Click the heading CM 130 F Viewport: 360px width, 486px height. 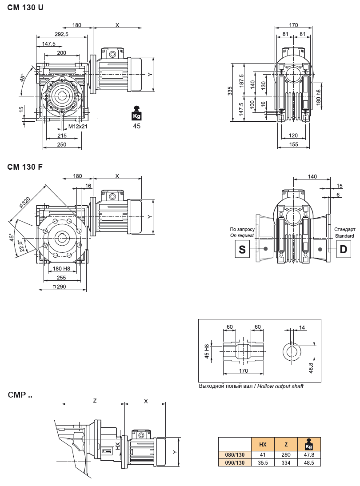25,167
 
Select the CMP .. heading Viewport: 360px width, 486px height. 20,394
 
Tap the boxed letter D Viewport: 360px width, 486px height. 343,249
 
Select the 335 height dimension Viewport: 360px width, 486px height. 230,91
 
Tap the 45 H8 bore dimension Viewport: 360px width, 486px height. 207,351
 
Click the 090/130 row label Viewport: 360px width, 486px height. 235,462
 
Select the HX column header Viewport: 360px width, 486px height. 263,444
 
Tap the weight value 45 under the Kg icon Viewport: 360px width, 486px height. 137,126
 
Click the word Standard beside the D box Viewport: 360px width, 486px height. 344,236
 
